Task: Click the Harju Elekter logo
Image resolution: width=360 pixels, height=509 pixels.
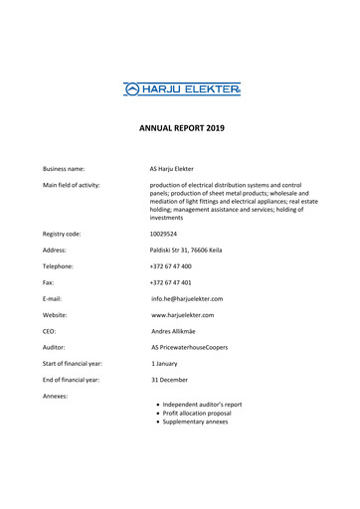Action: (182, 88)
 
